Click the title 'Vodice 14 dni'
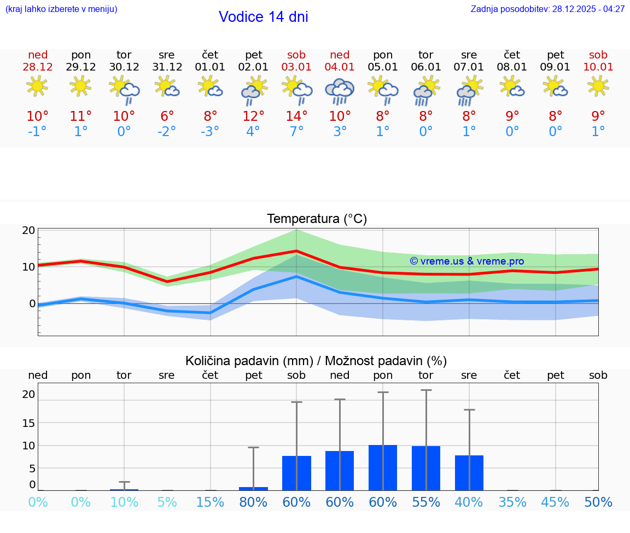263,17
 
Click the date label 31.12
167,67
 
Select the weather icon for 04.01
340,91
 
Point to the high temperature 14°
296,116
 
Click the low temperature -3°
210,132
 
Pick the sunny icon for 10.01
598,86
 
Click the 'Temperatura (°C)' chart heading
317,219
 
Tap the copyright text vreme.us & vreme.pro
466,261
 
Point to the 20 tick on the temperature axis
28,230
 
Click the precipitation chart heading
316,361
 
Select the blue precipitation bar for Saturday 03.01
296,473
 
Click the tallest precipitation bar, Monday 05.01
383,467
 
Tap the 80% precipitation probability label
253,502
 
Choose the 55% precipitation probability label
426,502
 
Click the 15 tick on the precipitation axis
28,423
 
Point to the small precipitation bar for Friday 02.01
253,488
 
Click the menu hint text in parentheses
61,9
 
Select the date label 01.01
210,67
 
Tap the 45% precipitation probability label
556,502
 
